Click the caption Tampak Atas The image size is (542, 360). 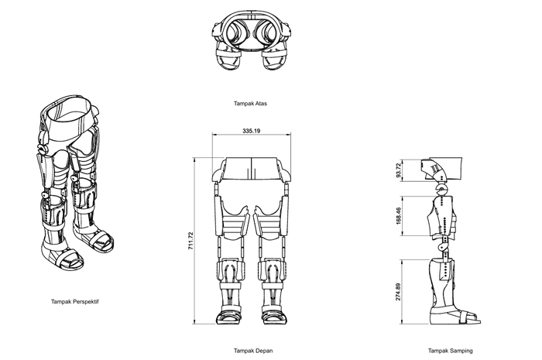click(250, 103)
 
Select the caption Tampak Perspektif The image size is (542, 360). click(75, 302)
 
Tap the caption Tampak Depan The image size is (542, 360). click(253, 351)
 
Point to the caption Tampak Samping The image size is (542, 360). click(451, 351)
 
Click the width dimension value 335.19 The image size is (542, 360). click(252, 131)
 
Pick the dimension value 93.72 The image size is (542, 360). click(399, 170)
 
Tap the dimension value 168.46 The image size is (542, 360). click(399, 216)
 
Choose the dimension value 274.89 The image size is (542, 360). click(399, 292)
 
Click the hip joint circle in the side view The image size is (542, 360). click(441, 189)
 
